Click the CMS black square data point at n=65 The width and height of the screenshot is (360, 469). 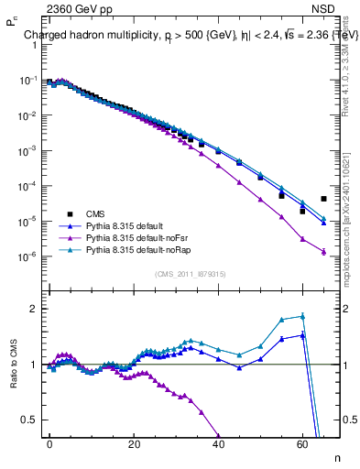323,199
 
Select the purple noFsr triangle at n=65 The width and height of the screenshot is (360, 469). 323,252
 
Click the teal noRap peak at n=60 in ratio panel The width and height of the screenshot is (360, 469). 302,316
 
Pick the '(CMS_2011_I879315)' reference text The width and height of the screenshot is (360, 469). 191,273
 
